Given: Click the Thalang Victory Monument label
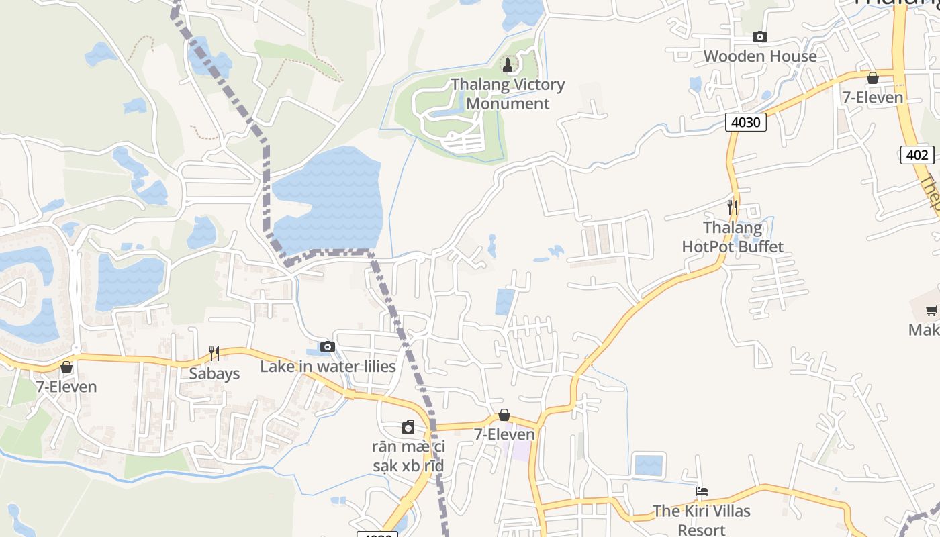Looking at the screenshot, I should click(x=508, y=94).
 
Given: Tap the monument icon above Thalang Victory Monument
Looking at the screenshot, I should click(x=508, y=65).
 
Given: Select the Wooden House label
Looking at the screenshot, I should click(x=760, y=56).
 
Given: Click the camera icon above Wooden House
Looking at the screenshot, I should click(x=760, y=37).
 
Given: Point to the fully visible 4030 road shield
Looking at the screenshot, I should click(x=745, y=122).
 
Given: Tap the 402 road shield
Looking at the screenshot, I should click(x=917, y=155).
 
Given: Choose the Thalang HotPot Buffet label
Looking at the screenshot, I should click(x=733, y=237).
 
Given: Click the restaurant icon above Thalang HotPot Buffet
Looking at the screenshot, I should click(x=733, y=207).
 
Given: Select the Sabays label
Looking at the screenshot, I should click(x=214, y=374).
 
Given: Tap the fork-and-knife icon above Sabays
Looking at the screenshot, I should click(x=214, y=353).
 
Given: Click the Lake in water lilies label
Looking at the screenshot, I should click(x=328, y=367).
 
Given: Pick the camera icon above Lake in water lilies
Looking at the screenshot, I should click(x=328, y=347).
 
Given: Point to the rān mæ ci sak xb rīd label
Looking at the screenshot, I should click(x=408, y=456).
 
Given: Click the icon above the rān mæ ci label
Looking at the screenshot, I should click(x=408, y=427).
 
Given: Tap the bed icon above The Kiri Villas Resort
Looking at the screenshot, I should click(x=702, y=492).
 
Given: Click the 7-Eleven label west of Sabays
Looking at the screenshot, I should click(x=66, y=387).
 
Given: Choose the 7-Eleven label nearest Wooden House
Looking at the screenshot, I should click(x=873, y=97).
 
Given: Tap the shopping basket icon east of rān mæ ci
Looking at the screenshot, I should click(x=504, y=416).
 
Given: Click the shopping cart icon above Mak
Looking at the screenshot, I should click(x=932, y=310).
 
